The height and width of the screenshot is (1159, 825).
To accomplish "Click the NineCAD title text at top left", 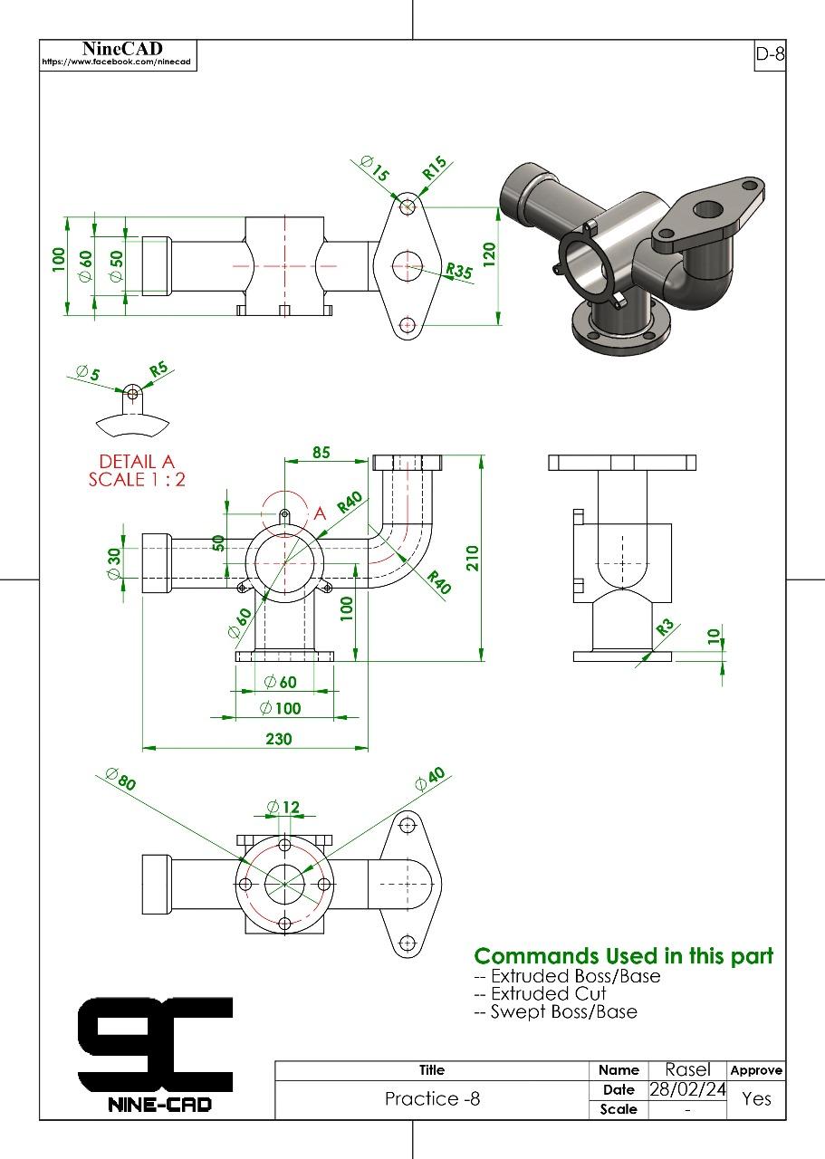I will [116, 48].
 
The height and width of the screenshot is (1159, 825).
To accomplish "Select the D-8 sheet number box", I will [769, 54].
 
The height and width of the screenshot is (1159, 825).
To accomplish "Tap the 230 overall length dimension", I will [279, 739].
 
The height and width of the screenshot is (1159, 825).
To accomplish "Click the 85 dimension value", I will [321, 452].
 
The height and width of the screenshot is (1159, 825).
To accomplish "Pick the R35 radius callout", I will [460, 271].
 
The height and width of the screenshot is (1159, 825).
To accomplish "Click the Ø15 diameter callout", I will [374, 168].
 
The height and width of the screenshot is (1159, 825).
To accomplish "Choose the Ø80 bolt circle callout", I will [120, 779].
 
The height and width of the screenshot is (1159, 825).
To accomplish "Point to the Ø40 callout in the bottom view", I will [430, 780].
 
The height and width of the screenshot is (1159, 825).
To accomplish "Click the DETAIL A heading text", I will [137, 460].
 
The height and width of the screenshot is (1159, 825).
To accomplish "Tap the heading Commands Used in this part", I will [624, 956].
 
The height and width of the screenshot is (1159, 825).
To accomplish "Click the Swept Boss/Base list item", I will [562, 1011].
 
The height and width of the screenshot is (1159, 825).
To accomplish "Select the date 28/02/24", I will [688, 1089].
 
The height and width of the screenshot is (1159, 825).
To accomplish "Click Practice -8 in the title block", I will [432, 1099].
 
